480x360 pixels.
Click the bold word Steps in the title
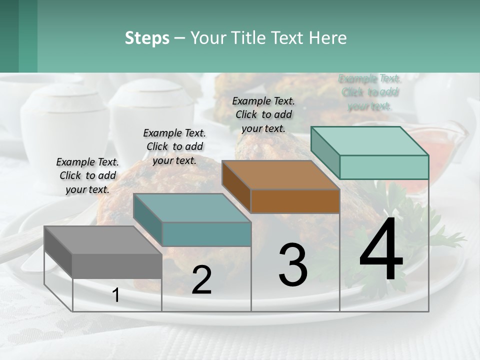(147, 38)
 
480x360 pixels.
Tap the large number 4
(381, 250)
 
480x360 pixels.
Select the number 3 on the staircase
(292, 265)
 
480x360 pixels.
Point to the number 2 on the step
(201, 280)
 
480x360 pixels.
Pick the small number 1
(116, 295)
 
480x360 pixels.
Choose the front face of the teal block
(206, 234)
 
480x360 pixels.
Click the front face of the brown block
(295, 201)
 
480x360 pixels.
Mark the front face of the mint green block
(384, 167)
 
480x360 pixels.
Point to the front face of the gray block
(117, 265)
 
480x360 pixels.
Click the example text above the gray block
(87, 175)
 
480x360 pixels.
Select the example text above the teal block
(174, 146)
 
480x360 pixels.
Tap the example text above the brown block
(263, 114)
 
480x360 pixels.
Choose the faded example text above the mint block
(370, 92)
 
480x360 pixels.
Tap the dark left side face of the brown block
(236, 186)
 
